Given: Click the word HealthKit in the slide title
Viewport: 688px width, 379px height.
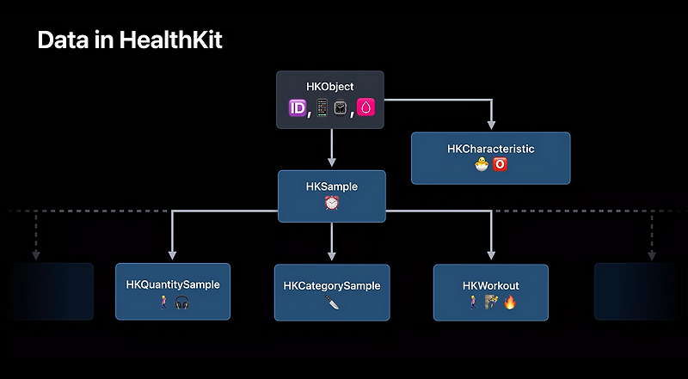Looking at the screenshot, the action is click(x=170, y=40).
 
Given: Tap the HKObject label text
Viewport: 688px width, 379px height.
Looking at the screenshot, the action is click(x=330, y=87).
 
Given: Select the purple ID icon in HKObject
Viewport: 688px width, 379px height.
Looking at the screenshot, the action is click(x=297, y=108).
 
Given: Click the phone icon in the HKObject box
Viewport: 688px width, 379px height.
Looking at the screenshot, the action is click(x=322, y=107).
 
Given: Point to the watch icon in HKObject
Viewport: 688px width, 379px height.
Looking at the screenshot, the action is click(x=341, y=108).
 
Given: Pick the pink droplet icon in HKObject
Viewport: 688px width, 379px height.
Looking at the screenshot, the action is click(x=365, y=107).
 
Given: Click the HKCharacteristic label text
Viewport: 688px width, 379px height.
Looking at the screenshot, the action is click(x=490, y=149).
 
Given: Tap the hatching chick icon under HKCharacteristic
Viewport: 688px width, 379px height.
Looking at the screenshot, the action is click(x=482, y=164).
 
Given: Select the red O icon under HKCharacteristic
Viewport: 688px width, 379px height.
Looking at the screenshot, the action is click(x=500, y=164).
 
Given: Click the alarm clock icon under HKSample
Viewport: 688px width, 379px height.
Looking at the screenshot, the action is click(x=332, y=203).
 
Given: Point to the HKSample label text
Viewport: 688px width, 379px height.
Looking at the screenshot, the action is click(x=332, y=186).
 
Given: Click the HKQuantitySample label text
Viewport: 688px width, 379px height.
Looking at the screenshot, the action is click(x=173, y=284).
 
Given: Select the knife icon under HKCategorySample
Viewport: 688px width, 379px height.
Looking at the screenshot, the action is click(x=332, y=302).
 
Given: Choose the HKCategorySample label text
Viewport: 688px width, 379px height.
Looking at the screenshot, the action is click(x=332, y=286).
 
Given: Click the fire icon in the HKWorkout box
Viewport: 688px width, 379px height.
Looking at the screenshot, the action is click(x=509, y=302).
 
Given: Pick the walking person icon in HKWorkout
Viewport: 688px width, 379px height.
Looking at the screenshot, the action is click(x=472, y=302).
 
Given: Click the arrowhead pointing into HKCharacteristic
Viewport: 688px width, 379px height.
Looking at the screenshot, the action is click(x=491, y=125).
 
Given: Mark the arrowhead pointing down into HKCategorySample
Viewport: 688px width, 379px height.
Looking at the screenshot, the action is click(x=332, y=255).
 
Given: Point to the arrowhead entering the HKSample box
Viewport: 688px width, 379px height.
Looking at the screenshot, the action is click(x=332, y=162).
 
